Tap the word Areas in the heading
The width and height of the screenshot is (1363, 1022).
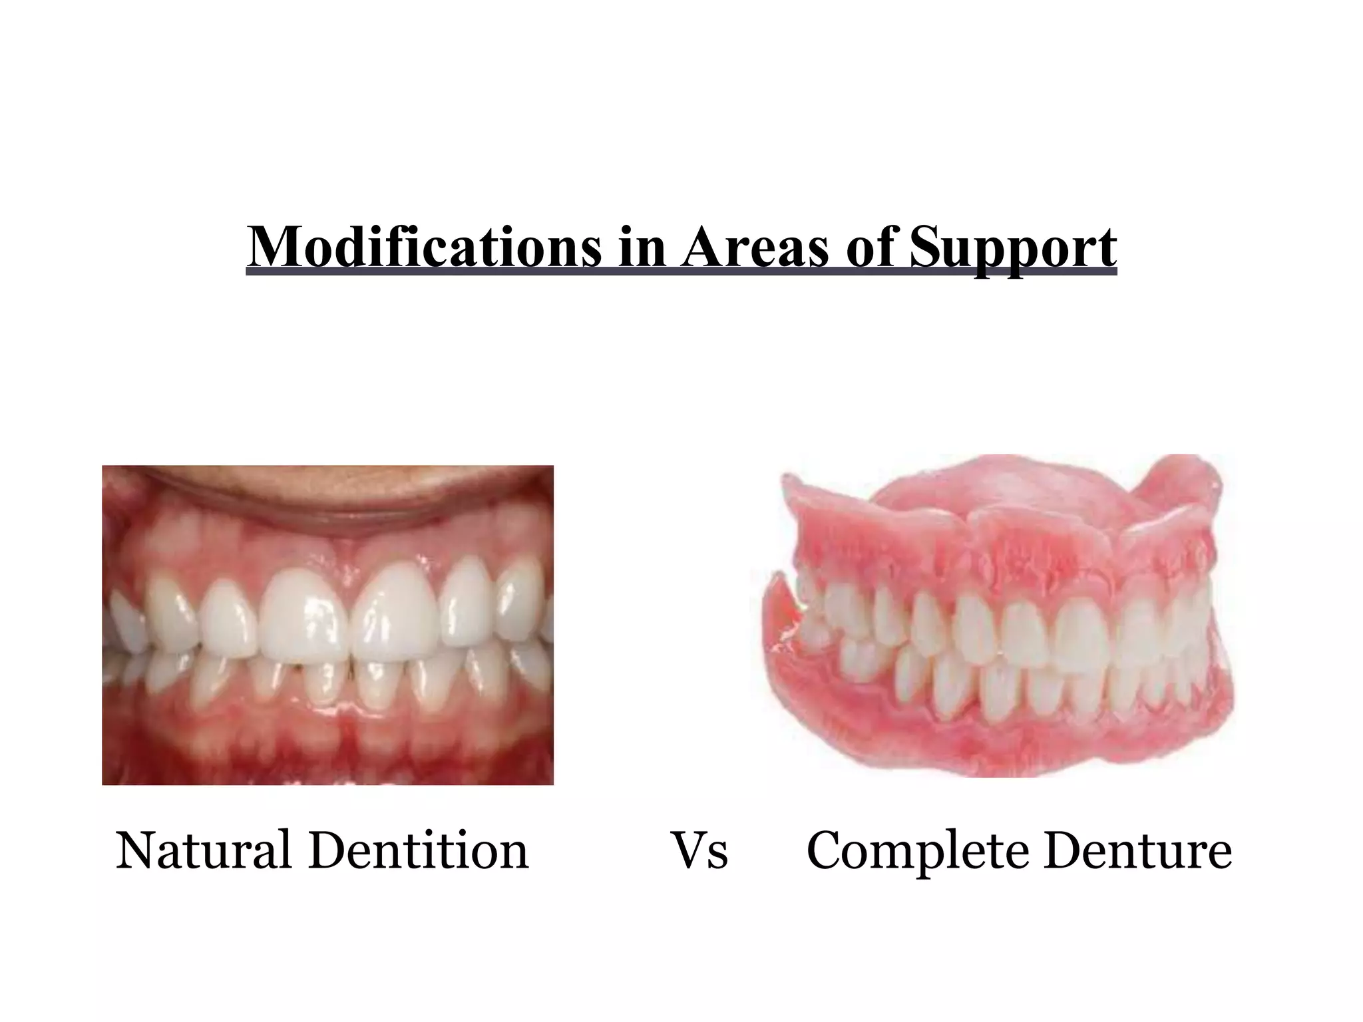coord(755,248)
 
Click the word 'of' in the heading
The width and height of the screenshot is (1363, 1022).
coord(869,248)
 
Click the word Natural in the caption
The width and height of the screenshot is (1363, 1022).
coord(204,850)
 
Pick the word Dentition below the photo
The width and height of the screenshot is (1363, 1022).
coord(419,850)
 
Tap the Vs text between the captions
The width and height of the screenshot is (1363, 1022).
coord(699,851)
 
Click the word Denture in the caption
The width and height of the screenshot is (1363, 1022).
coord(1137,850)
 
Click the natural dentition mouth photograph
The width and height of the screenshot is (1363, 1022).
coord(327,625)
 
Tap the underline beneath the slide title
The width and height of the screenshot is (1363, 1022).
coord(681,271)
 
